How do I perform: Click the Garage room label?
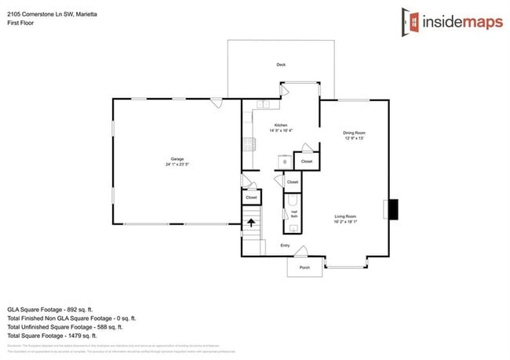click(177, 159)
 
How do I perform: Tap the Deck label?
click(280, 64)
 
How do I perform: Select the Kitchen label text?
click(280, 125)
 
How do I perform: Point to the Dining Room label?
click(354, 133)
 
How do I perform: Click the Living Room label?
click(346, 216)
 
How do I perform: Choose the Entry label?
click(285, 245)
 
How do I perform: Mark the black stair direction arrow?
click(251, 224)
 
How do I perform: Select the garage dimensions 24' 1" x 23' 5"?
click(177, 165)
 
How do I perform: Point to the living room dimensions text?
click(346, 222)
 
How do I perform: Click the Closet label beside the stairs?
click(251, 198)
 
